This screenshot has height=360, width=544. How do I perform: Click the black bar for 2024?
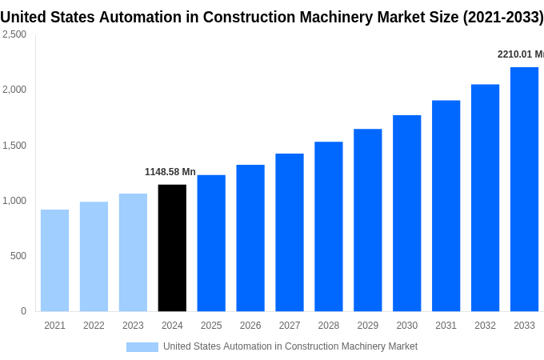[172, 248]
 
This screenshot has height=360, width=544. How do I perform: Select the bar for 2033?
[524, 189]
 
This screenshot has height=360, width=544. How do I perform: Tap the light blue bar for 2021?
[54, 260]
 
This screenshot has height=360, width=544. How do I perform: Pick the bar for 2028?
[328, 226]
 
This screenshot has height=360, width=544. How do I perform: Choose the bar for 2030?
[406, 213]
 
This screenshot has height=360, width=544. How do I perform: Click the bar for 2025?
[211, 243]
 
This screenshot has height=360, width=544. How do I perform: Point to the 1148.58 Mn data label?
[170, 172]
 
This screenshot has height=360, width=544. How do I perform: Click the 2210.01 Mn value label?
[520, 54]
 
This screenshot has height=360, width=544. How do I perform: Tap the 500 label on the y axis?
[18, 256]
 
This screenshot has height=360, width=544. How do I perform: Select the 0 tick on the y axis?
[23, 311]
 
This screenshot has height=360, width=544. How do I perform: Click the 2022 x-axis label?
[94, 326]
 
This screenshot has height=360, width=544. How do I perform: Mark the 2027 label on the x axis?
[289, 326]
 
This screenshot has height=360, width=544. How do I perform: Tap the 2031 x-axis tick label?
[446, 326]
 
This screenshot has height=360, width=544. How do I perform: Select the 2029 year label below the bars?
[367, 326]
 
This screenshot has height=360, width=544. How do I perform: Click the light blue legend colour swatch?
[142, 347]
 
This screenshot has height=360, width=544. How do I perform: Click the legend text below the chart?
[290, 346]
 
